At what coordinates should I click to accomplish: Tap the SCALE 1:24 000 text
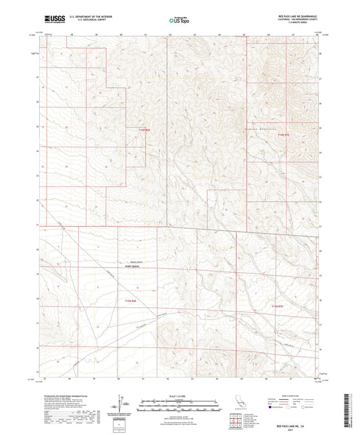(180, 394)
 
